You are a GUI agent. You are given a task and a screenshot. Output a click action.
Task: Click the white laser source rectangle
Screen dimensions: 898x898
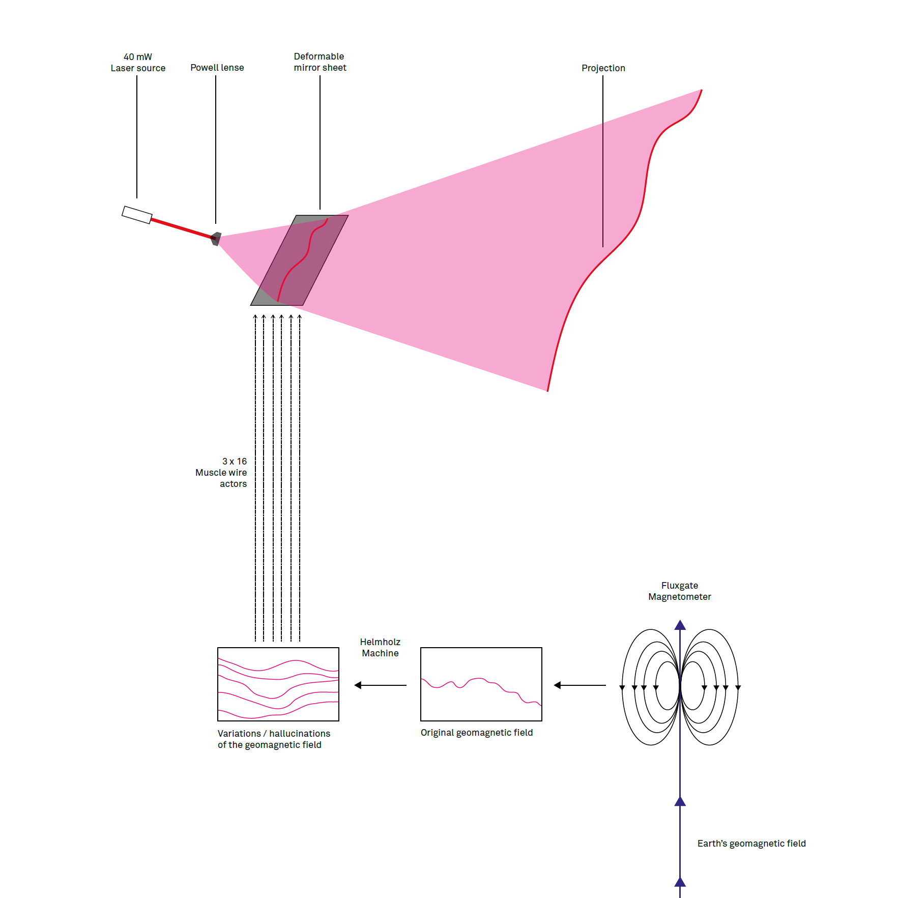click(x=137, y=215)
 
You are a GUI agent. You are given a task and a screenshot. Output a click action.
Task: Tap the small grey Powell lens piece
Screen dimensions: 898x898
click(x=216, y=238)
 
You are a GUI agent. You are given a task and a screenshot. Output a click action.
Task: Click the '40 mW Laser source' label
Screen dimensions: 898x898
click(x=138, y=63)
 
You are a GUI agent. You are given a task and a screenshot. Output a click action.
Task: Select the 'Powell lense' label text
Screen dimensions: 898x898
click(x=217, y=68)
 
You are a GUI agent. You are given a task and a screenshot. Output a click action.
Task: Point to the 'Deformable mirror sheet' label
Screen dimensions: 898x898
click(x=320, y=62)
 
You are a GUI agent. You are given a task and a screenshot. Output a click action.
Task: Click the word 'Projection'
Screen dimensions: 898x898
click(x=603, y=68)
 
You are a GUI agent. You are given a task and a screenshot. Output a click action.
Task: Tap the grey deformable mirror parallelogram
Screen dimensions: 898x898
click(x=299, y=260)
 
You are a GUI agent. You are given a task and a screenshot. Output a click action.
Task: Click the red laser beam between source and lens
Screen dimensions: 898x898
click(x=181, y=228)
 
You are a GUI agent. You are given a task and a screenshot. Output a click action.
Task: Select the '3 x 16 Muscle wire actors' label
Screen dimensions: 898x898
click(x=222, y=472)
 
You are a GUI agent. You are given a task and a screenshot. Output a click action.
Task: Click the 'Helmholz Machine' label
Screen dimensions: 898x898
click(x=380, y=647)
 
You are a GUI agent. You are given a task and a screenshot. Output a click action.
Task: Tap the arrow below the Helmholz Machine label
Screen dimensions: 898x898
click(x=380, y=685)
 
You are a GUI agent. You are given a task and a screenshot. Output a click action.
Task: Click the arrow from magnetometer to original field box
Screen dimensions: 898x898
click(x=580, y=685)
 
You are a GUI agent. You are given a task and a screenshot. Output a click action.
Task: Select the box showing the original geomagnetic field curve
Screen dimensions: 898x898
click(x=481, y=684)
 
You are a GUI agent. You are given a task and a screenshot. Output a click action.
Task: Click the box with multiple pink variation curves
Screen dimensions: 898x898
click(x=278, y=684)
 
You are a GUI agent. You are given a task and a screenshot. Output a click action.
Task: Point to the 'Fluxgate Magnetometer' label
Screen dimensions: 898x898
click(x=679, y=591)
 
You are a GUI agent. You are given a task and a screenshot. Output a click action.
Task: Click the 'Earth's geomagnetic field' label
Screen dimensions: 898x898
click(x=751, y=843)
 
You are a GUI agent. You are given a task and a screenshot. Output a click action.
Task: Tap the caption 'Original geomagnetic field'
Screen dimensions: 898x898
click(x=476, y=732)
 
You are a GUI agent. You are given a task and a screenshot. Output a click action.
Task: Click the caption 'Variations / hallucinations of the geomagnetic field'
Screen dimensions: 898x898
click(x=274, y=739)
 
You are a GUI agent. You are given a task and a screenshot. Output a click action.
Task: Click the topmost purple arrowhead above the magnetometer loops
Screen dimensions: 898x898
click(x=680, y=625)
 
